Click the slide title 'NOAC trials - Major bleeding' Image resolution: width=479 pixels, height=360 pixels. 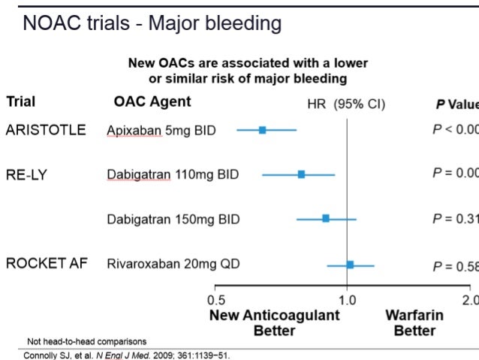(x=152, y=23)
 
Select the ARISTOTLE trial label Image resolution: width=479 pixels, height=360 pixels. (x=46, y=129)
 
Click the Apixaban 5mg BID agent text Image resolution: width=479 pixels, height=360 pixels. (x=161, y=130)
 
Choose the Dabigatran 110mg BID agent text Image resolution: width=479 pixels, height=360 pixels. (x=173, y=174)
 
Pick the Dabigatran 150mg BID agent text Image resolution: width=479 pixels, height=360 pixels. (x=173, y=219)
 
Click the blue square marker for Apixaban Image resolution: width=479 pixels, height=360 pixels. (x=262, y=130)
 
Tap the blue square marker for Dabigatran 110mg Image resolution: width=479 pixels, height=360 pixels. (x=301, y=174)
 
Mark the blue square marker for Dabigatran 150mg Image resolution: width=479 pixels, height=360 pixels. (x=326, y=219)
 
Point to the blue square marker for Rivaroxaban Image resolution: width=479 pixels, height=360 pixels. (x=350, y=265)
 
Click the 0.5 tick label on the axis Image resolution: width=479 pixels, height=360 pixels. (x=215, y=301)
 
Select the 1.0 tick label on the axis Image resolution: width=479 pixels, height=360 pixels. (x=347, y=301)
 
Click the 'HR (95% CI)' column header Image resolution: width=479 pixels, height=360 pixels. (x=347, y=104)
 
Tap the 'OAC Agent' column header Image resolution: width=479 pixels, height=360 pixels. (x=152, y=101)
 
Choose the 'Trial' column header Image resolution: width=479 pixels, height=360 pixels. (x=21, y=101)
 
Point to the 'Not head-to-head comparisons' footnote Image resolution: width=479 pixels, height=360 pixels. (x=86, y=342)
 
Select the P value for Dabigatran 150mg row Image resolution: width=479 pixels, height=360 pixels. (x=455, y=219)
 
